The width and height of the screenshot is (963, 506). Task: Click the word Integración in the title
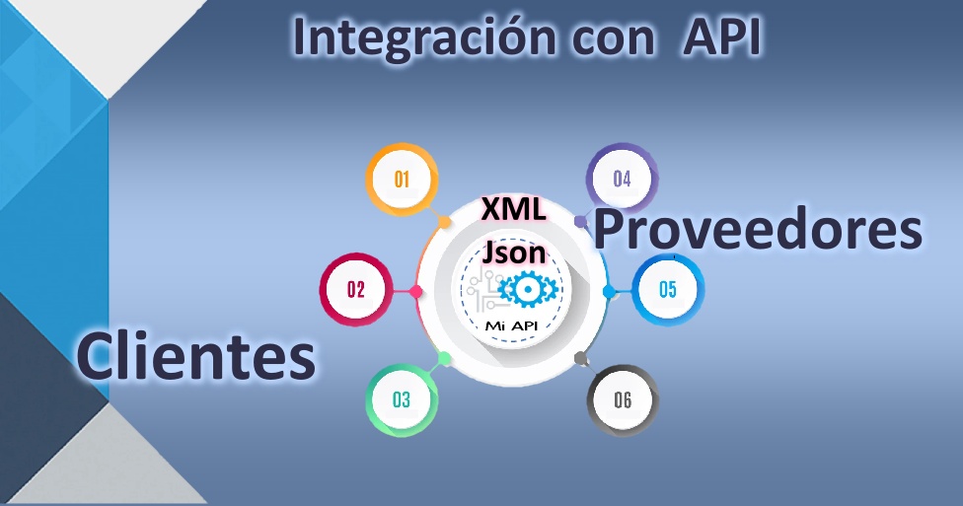[423, 38]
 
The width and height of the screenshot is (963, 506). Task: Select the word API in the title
[723, 36]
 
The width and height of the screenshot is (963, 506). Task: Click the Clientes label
[196, 355]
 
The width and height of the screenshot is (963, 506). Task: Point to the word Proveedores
[758, 229]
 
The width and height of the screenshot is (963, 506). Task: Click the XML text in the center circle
[513, 209]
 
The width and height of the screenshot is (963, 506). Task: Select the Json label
[513, 252]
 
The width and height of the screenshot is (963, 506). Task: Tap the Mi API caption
[511, 325]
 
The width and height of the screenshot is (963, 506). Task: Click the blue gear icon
[527, 289]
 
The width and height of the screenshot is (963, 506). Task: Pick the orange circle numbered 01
[403, 179]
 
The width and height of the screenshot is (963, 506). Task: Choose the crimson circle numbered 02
[356, 289]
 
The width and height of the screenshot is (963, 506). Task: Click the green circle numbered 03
[402, 399]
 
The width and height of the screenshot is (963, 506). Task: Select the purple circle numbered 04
[623, 179]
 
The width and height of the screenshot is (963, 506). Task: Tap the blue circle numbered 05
[668, 289]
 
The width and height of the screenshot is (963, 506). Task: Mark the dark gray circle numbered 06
[623, 399]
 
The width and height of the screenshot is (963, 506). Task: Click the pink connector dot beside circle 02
[415, 291]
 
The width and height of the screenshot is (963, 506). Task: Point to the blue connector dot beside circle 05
[609, 291]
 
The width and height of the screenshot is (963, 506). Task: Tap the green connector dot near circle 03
[445, 359]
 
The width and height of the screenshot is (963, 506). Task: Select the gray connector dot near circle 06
[580, 358]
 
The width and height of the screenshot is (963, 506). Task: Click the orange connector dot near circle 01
[445, 222]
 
